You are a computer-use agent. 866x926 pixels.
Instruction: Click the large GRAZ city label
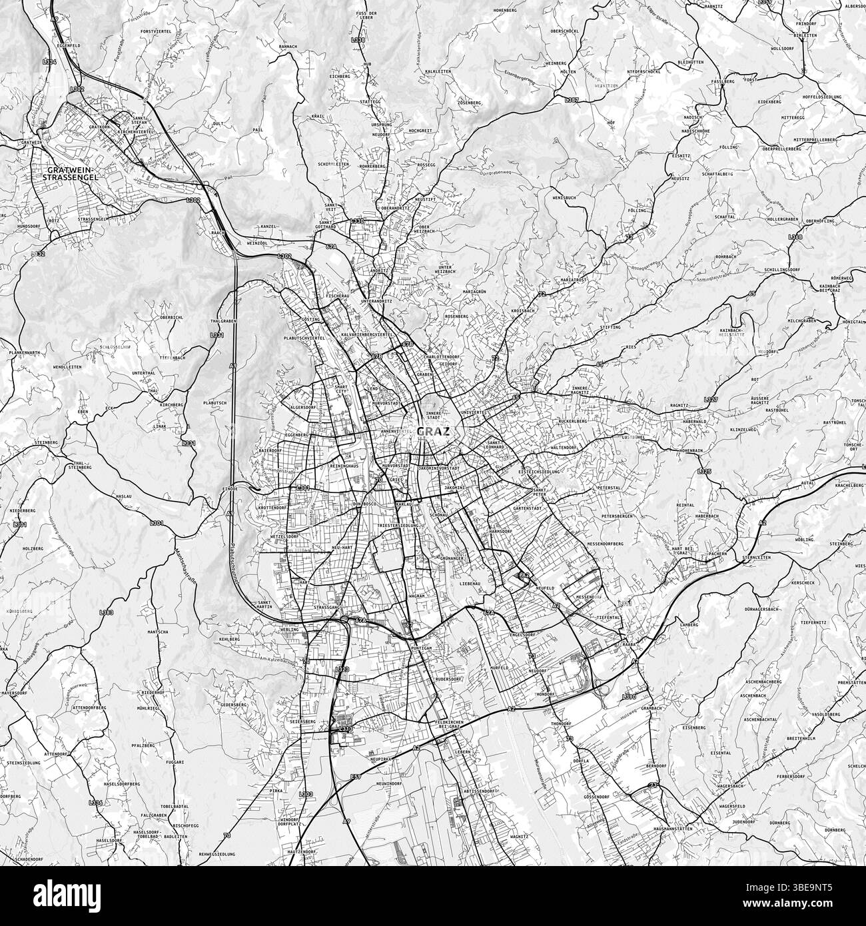tap(434, 431)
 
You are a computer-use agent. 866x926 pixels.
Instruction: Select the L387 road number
tap(571, 100)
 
